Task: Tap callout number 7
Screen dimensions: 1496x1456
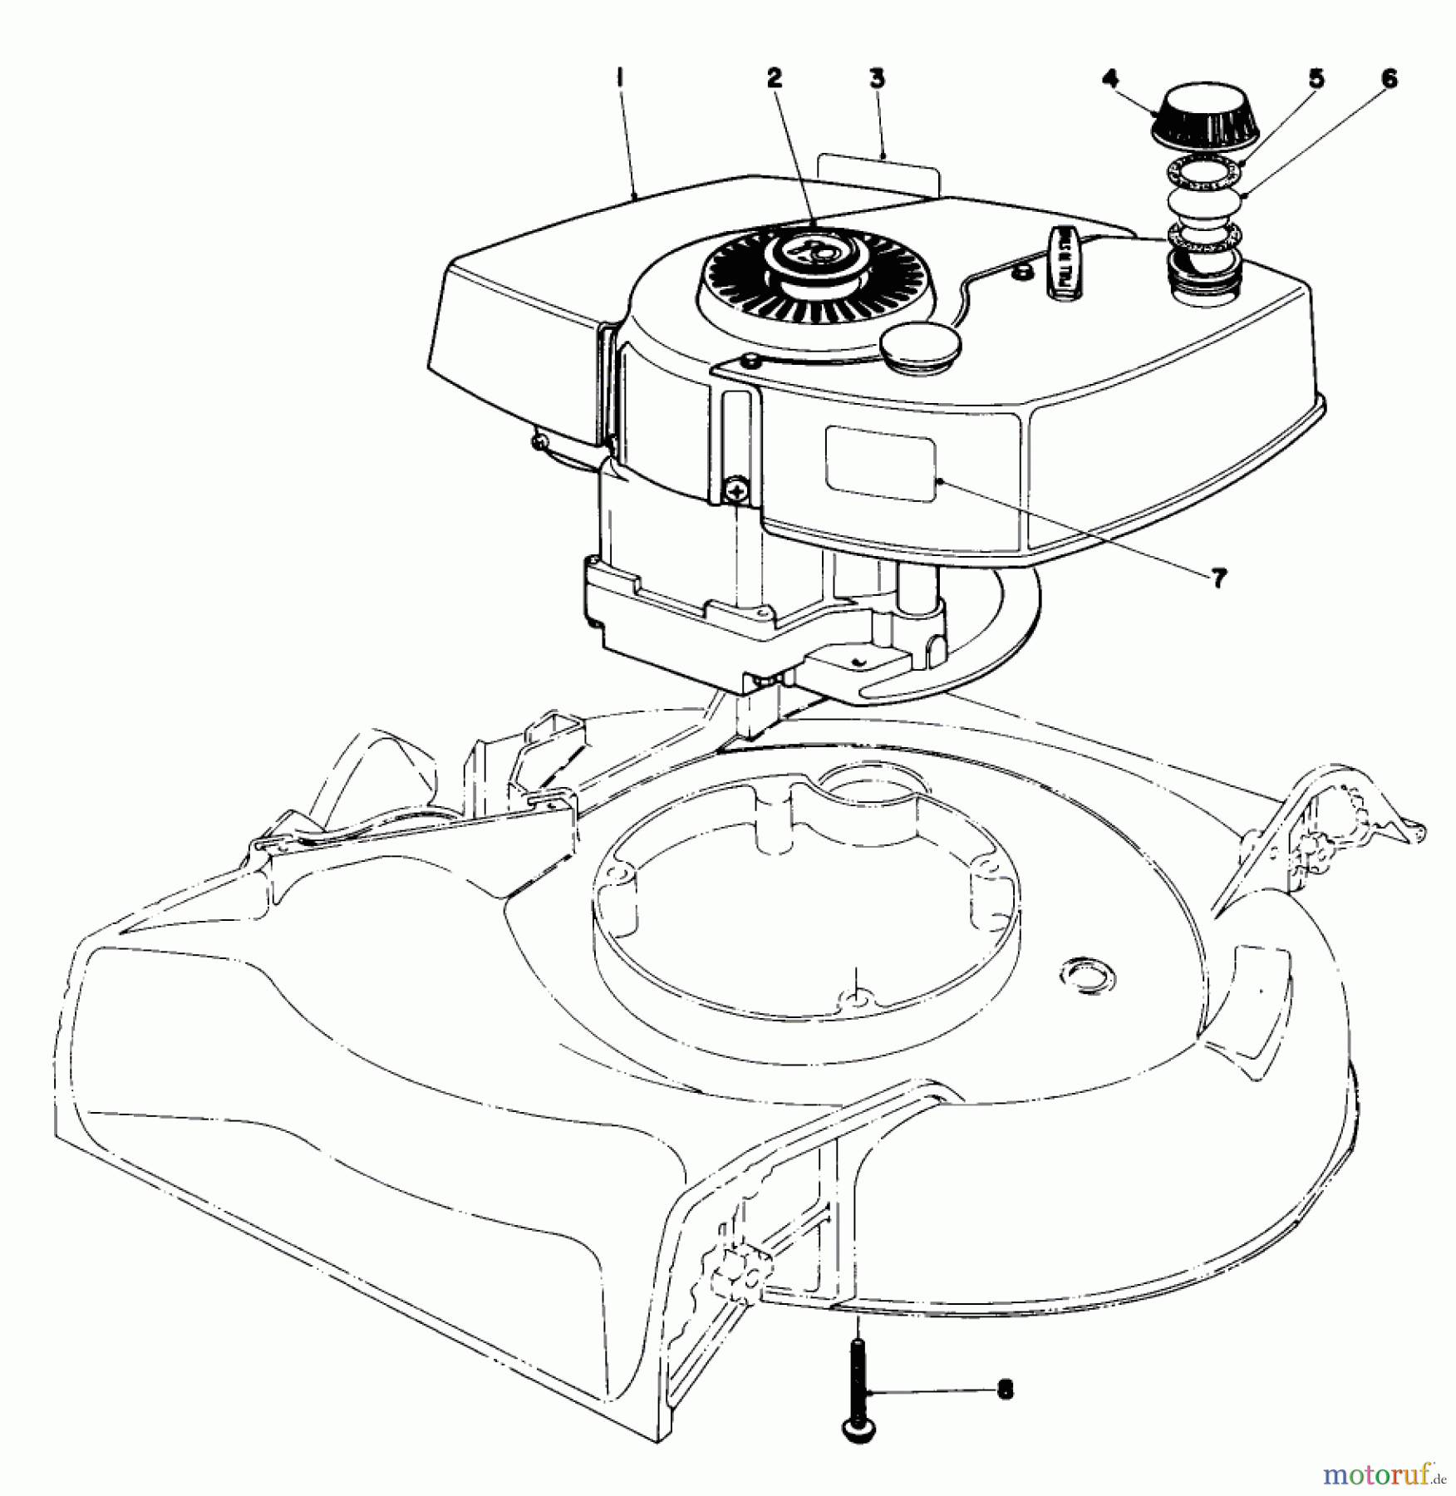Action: tap(1217, 578)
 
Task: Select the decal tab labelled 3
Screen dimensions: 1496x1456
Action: tap(878, 176)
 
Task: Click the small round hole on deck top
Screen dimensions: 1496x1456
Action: tap(1082, 970)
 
